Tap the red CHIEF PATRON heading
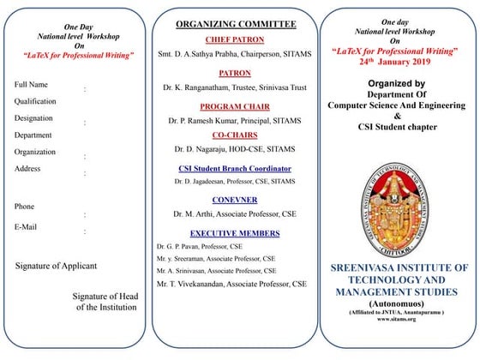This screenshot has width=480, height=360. click(x=234, y=39)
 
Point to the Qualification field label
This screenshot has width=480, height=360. click(x=36, y=101)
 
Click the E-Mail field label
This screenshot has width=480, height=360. click(x=28, y=226)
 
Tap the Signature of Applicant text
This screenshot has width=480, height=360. click(x=63, y=267)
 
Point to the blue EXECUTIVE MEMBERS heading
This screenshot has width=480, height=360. click(x=234, y=233)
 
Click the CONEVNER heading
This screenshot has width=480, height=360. click(x=234, y=199)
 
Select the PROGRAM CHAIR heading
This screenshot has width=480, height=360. click(x=234, y=106)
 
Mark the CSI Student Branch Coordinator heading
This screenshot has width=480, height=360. click(x=234, y=169)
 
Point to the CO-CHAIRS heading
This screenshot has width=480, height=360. click(x=234, y=135)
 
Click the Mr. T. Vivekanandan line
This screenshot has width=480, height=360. click(x=231, y=283)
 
